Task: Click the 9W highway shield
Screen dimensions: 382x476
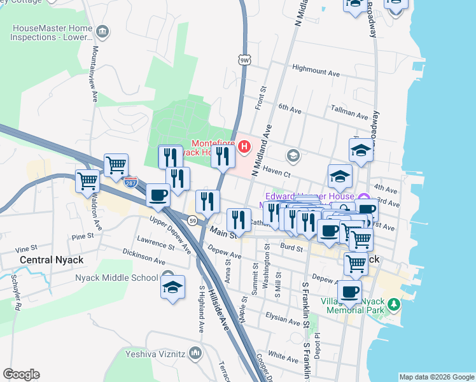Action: [244, 60]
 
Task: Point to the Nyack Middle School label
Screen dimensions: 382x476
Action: [116, 278]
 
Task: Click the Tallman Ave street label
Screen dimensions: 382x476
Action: [348, 116]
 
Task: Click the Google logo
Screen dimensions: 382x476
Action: [21, 374]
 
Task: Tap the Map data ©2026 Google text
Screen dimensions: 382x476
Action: [436, 377]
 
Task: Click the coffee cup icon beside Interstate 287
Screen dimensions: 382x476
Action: [158, 195]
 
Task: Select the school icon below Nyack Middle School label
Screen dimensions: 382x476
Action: [172, 287]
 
